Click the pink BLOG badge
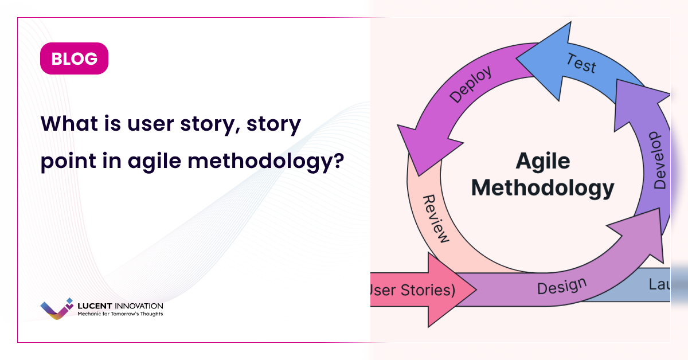pos(74,58)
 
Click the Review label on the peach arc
pos(436,218)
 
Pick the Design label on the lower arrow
pos(561,285)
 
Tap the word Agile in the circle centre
pos(542,161)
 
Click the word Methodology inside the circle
pos(542,187)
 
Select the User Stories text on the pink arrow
pos(413,290)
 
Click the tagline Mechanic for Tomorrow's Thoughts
pos(120,314)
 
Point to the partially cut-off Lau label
pos(659,284)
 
